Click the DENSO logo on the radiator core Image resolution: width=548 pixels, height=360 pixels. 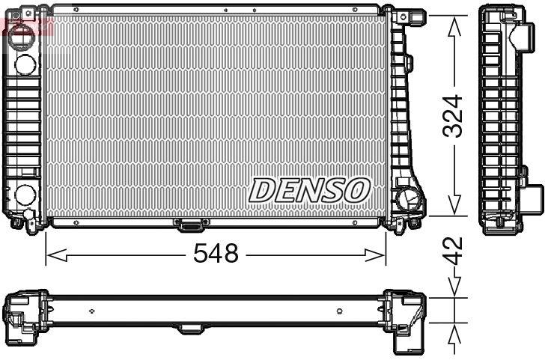point(308,190)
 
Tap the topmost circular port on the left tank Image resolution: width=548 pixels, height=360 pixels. point(23,34)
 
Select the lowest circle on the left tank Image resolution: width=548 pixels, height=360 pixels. point(24,197)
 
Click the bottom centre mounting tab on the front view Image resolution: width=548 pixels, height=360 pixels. point(187,223)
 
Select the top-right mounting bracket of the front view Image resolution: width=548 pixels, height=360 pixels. point(409,15)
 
